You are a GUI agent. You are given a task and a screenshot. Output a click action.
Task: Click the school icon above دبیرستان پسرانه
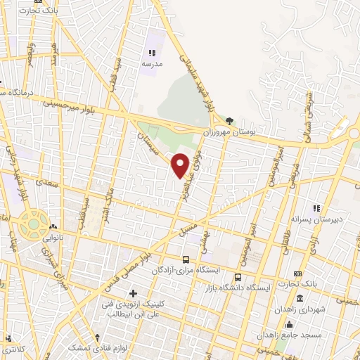pos(317,208)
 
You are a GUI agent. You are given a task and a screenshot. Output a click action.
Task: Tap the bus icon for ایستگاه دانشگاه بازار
pos(238,276)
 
